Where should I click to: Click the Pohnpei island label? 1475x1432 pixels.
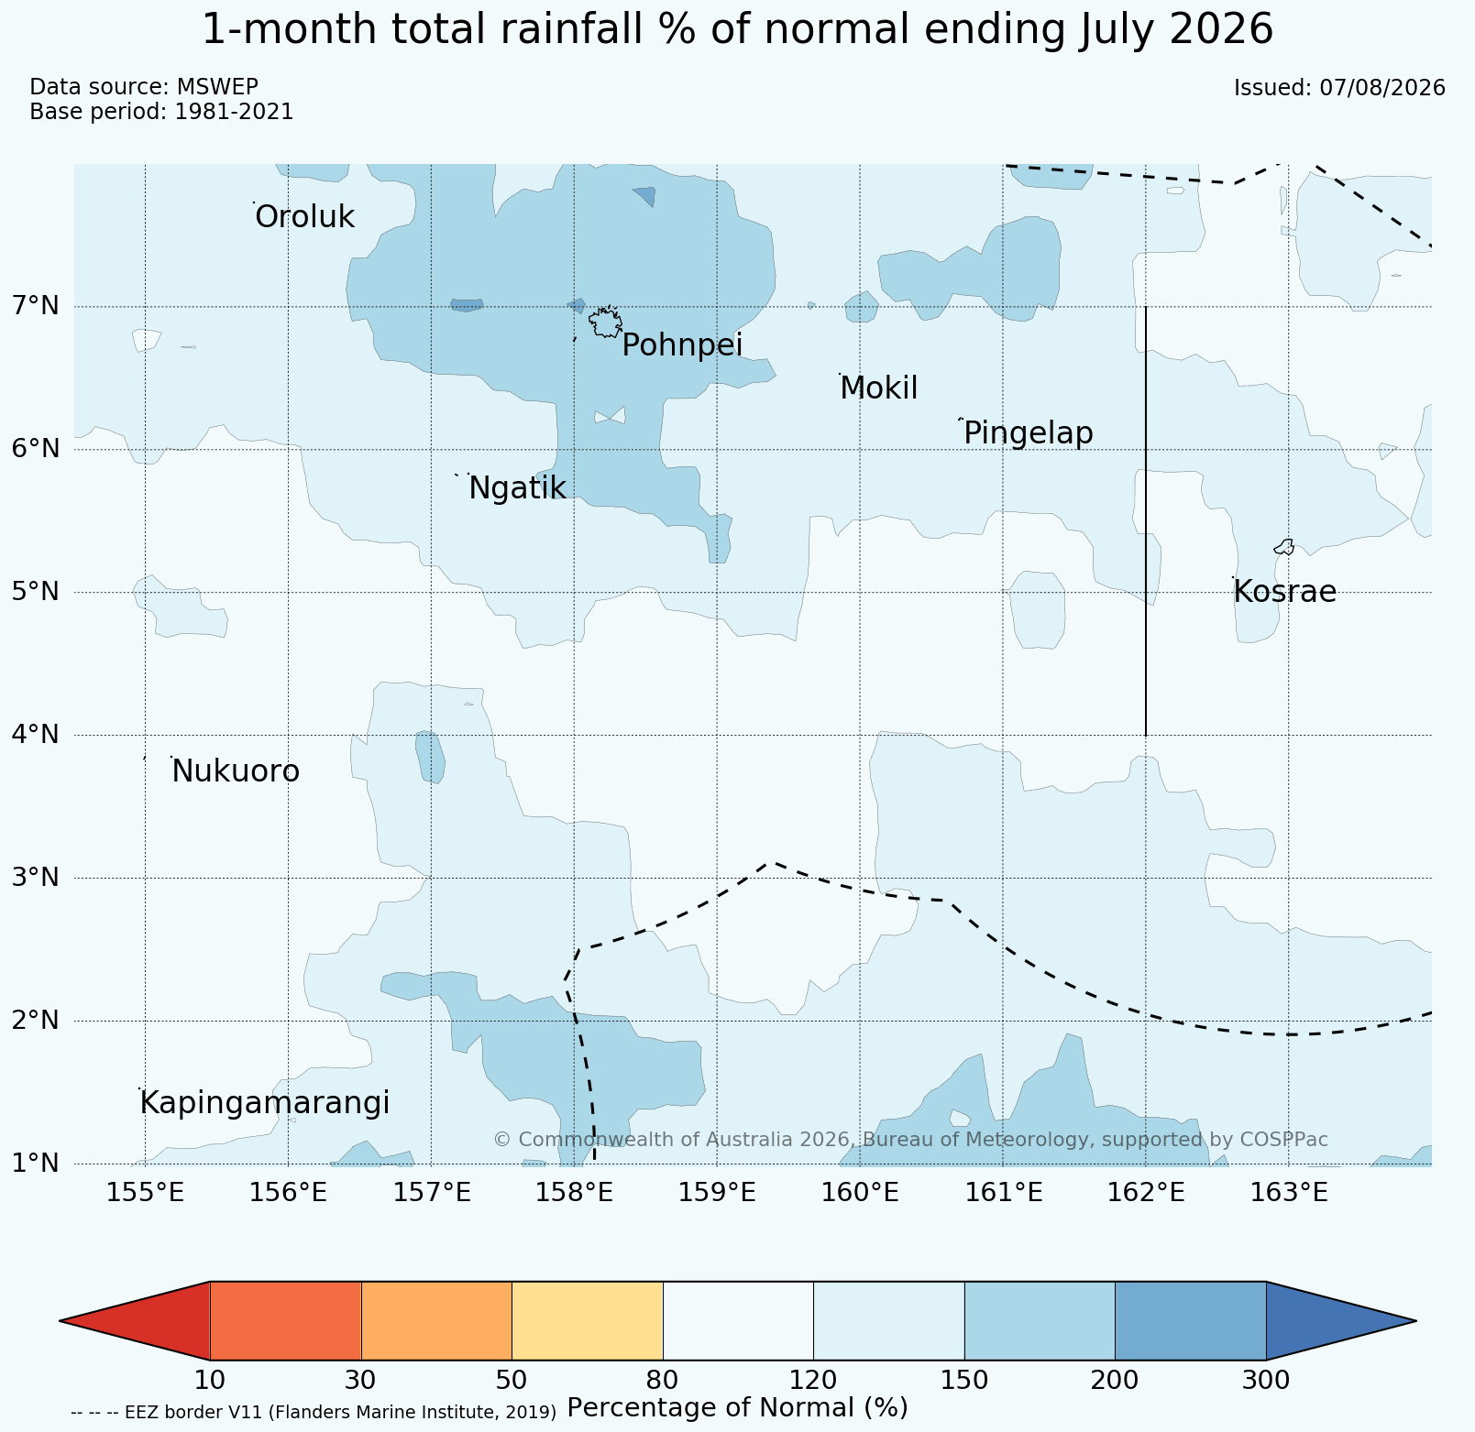[x=682, y=345]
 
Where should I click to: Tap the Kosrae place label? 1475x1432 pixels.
[x=1284, y=592]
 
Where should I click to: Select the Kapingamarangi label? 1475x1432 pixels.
[x=265, y=1103]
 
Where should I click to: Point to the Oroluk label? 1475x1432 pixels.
[x=304, y=217]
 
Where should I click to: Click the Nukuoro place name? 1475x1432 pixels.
[x=236, y=771]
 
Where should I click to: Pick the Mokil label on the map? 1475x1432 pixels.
[x=878, y=388]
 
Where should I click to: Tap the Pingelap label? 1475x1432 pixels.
[x=1029, y=432]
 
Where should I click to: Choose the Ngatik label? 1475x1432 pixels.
[x=517, y=488]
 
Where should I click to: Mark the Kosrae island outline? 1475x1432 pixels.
[x=1284, y=547]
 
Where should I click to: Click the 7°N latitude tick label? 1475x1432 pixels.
[x=36, y=305]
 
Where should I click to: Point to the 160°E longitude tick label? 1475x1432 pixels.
[x=861, y=1193]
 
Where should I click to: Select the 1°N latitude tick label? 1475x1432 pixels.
[x=36, y=1164]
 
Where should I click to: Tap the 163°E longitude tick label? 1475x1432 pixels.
[x=1290, y=1193]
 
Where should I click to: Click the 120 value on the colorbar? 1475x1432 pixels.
[x=813, y=1380]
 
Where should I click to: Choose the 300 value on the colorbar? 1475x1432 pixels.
[x=1266, y=1380]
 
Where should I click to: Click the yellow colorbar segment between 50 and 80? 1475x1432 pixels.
[x=588, y=1320]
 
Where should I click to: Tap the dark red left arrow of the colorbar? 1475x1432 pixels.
[x=135, y=1320]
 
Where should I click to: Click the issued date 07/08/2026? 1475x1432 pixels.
[x=1382, y=88]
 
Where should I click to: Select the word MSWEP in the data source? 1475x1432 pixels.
[x=217, y=87]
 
